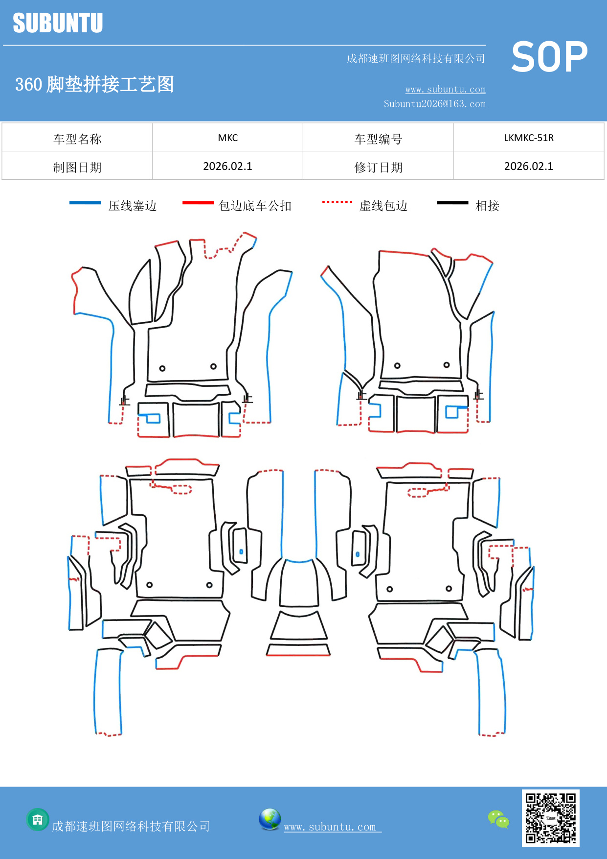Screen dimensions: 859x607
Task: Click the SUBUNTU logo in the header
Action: (x=58, y=23)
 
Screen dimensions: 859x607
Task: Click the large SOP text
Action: (x=549, y=57)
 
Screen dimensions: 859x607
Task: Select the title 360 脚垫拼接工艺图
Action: (x=94, y=84)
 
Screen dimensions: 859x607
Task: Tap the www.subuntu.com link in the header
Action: (x=445, y=89)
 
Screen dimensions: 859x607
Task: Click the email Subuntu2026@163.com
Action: (x=434, y=104)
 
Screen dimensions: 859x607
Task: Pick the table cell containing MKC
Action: (x=227, y=138)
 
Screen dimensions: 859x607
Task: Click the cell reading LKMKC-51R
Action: (x=528, y=138)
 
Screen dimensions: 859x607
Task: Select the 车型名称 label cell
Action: (x=77, y=139)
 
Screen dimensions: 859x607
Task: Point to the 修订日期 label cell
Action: (x=378, y=167)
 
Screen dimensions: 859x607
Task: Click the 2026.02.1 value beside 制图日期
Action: (x=227, y=167)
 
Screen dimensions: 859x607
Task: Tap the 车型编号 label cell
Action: (x=378, y=139)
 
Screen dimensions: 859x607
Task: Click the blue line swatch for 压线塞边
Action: (x=85, y=203)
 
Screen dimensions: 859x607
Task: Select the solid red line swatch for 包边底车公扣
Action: (x=198, y=203)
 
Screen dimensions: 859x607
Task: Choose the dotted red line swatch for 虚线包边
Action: (x=337, y=202)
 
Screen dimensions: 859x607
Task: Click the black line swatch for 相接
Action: (x=452, y=203)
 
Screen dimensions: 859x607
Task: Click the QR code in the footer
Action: (x=550, y=818)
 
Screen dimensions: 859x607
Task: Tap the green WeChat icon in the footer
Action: (x=498, y=819)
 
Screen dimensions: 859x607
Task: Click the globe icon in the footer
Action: (x=270, y=819)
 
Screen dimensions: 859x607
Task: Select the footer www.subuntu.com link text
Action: (x=332, y=827)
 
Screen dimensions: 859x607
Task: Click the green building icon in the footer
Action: (x=38, y=819)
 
